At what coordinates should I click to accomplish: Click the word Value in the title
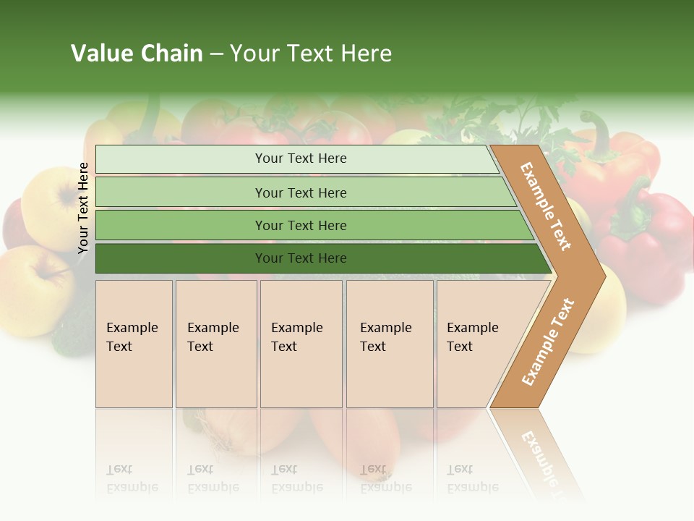102,54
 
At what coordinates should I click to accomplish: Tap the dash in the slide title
216,54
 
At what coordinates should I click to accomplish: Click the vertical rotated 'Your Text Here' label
84,208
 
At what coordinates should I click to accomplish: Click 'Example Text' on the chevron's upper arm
547,206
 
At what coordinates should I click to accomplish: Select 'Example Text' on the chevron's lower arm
548,342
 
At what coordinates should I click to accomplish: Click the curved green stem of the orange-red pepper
599,130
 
